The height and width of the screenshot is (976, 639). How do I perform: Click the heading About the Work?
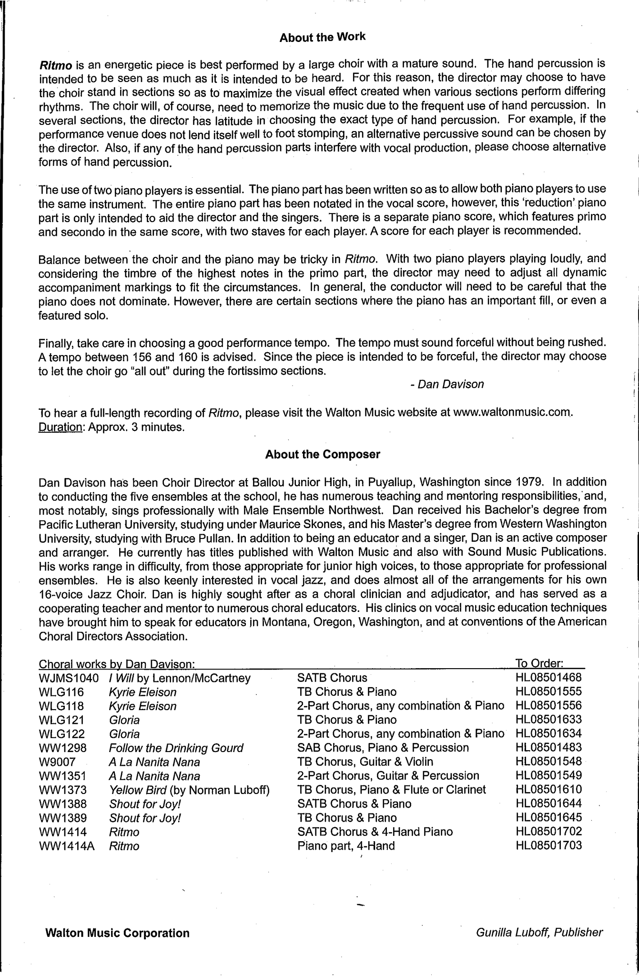322,37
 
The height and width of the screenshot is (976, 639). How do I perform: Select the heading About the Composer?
323,454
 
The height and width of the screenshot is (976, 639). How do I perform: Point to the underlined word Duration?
61,427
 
